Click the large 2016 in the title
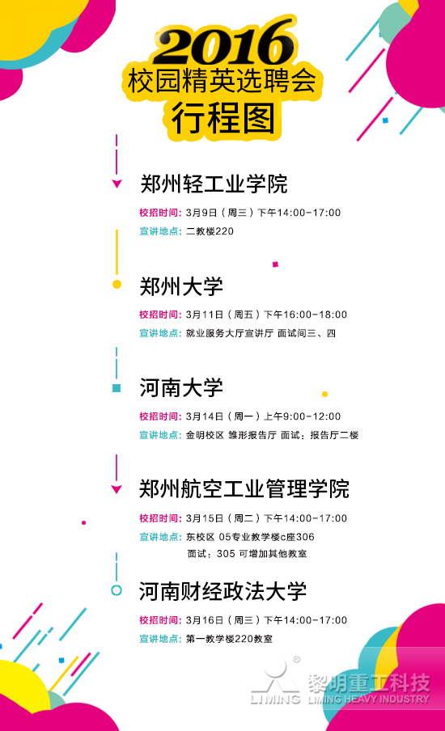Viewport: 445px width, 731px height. pos(224,43)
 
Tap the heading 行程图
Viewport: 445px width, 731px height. pos(223,118)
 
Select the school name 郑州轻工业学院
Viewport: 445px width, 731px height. pos(214,184)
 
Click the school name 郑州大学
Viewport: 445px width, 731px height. pos(181,285)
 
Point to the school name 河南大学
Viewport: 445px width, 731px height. pos(181,387)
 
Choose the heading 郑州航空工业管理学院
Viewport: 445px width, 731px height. pos(244,489)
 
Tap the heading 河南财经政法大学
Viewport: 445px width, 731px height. pos(223,591)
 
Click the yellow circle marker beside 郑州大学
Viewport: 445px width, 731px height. pos(117,285)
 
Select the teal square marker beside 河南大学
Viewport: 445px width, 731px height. pos(117,388)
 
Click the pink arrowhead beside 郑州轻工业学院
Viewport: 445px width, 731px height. pos(117,184)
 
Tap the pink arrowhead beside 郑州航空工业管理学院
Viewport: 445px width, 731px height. pos(117,489)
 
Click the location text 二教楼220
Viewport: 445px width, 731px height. pos(210,231)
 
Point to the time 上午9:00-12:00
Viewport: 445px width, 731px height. pos(303,416)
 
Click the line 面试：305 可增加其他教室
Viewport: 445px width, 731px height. pos(248,554)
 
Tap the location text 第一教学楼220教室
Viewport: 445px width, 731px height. pos(230,639)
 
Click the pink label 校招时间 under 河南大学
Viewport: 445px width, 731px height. pos(160,416)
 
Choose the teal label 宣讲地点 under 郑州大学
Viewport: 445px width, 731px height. pos(160,333)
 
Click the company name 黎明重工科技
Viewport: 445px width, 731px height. pos(368,683)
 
